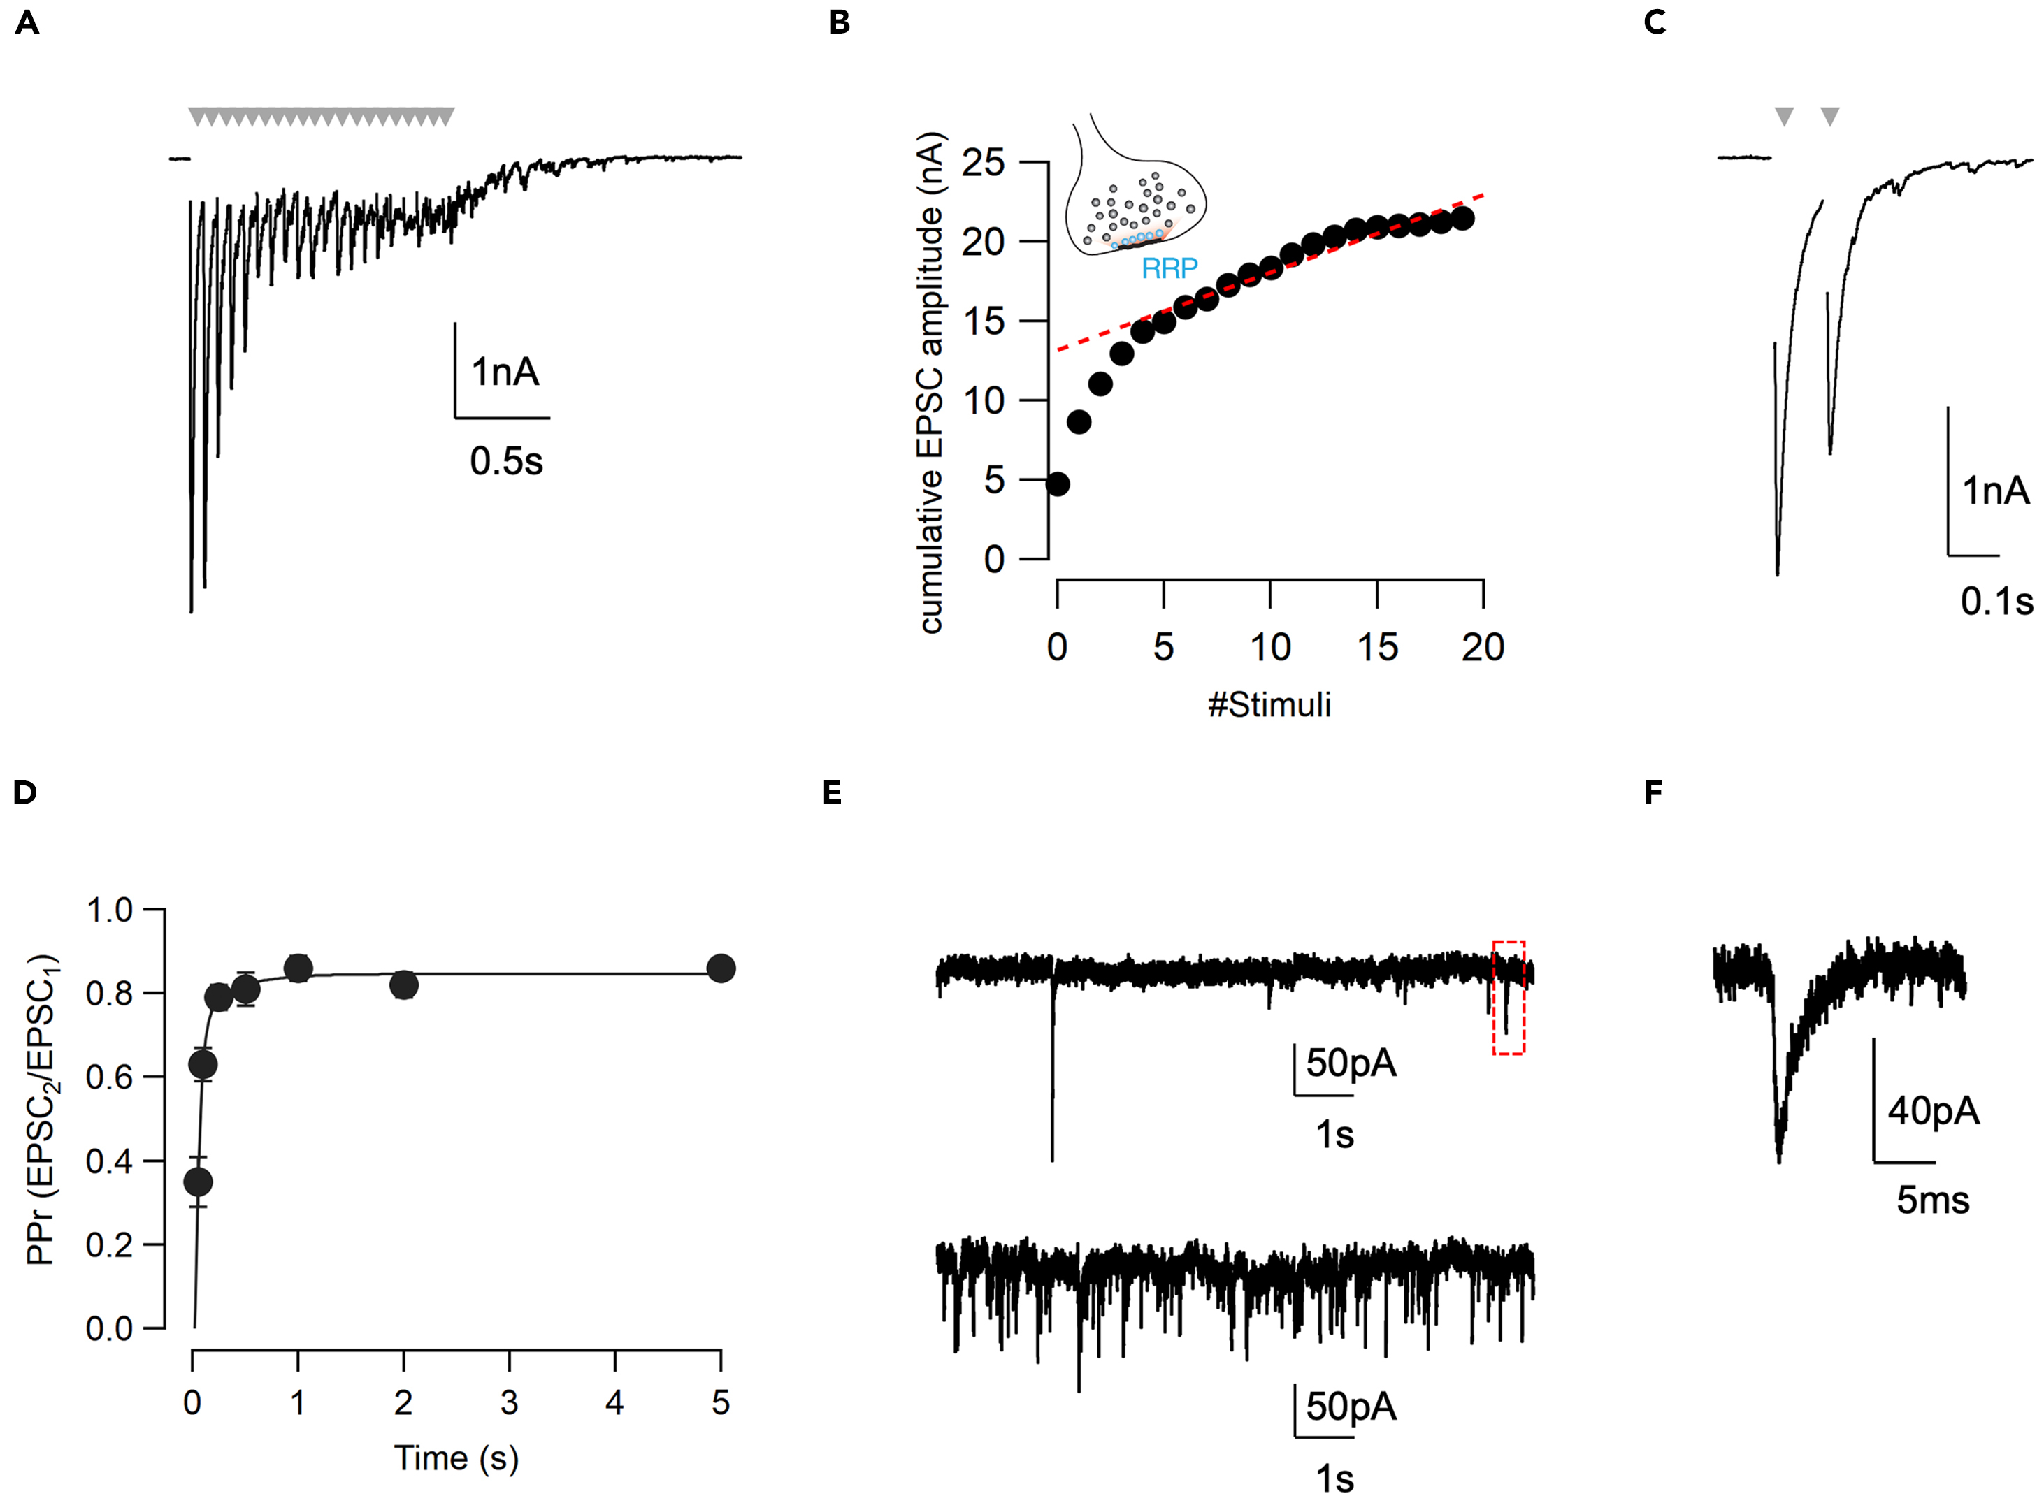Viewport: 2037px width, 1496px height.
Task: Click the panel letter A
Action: pyautogui.click(x=27, y=22)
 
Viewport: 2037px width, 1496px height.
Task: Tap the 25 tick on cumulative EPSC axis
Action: pyautogui.click(x=984, y=163)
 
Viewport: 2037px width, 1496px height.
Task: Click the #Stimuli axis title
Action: pyautogui.click(x=1269, y=704)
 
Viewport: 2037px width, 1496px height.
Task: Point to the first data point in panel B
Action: pyautogui.click(x=1057, y=484)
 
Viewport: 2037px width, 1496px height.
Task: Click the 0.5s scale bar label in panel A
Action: pyautogui.click(x=505, y=462)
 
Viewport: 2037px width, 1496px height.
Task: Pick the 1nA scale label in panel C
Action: pyautogui.click(x=1995, y=491)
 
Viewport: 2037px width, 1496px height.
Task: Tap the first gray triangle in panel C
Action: pyautogui.click(x=1783, y=116)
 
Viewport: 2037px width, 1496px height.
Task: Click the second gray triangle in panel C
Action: pyautogui.click(x=1829, y=116)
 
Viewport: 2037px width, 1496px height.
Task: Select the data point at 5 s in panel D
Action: pyautogui.click(x=721, y=968)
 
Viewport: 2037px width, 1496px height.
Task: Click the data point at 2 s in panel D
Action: pyautogui.click(x=404, y=985)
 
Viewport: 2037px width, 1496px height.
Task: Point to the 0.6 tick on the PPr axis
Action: pyautogui.click(x=108, y=1077)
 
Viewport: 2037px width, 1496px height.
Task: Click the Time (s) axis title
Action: pyautogui.click(x=456, y=1458)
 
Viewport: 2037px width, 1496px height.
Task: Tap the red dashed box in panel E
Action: pyautogui.click(x=1508, y=997)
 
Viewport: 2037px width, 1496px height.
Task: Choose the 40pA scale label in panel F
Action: pyautogui.click(x=1933, y=1110)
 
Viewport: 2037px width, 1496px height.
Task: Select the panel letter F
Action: pyautogui.click(x=1653, y=793)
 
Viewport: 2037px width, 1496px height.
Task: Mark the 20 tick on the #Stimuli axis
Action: pyautogui.click(x=1483, y=648)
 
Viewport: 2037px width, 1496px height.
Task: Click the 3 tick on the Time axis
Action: pyautogui.click(x=509, y=1403)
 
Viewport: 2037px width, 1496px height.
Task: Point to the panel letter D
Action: pyautogui.click(x=24, y=793)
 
